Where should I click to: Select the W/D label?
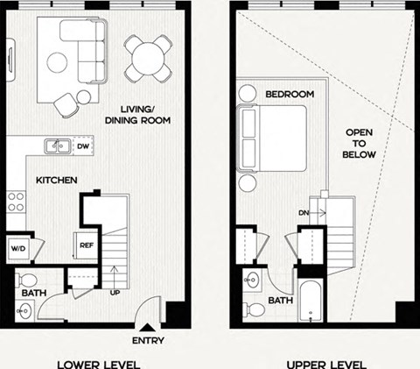point(17,248)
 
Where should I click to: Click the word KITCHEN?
point(57,181)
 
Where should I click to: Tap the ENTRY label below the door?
point(149,340)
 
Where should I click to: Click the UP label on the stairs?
point(115,292)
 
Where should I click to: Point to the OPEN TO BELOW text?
point(359,141)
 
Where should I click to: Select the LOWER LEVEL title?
point(98,363)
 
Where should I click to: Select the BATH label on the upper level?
point(280,300)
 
